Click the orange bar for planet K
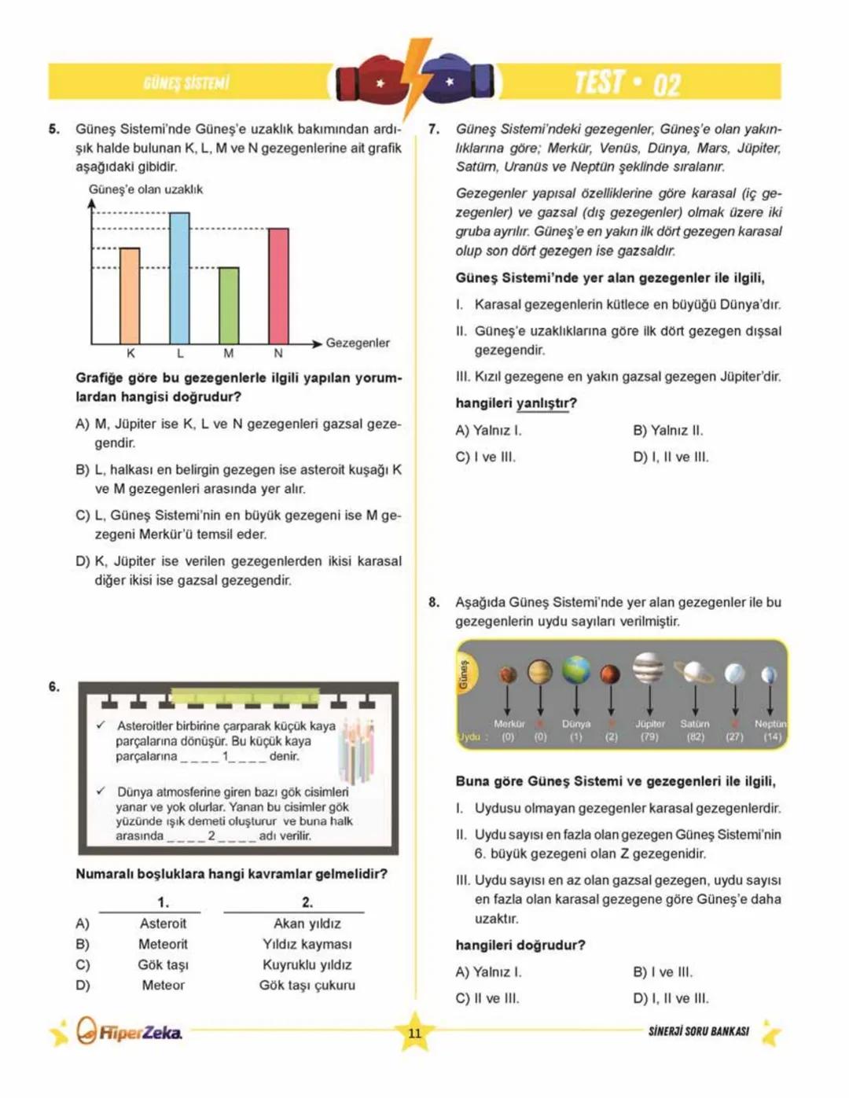pos(130,296)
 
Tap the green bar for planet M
pos(229,305)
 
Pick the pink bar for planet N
pos(278,285)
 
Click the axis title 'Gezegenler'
pos(358,343)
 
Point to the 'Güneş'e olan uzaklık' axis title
pos(145,189)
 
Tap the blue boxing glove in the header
pos(459,82)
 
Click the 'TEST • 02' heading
pos(627,83)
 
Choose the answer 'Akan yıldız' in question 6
pos(307,924)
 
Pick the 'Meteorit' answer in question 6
pos(163,944)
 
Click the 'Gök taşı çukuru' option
pos(307,985)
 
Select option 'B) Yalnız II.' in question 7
pos(667,431)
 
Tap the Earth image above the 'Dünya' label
pos(576,670)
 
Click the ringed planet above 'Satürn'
pos(695,672)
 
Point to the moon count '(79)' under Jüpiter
pos(649,737)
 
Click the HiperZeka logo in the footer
pos(130,1031)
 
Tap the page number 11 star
pos(415,1033)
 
